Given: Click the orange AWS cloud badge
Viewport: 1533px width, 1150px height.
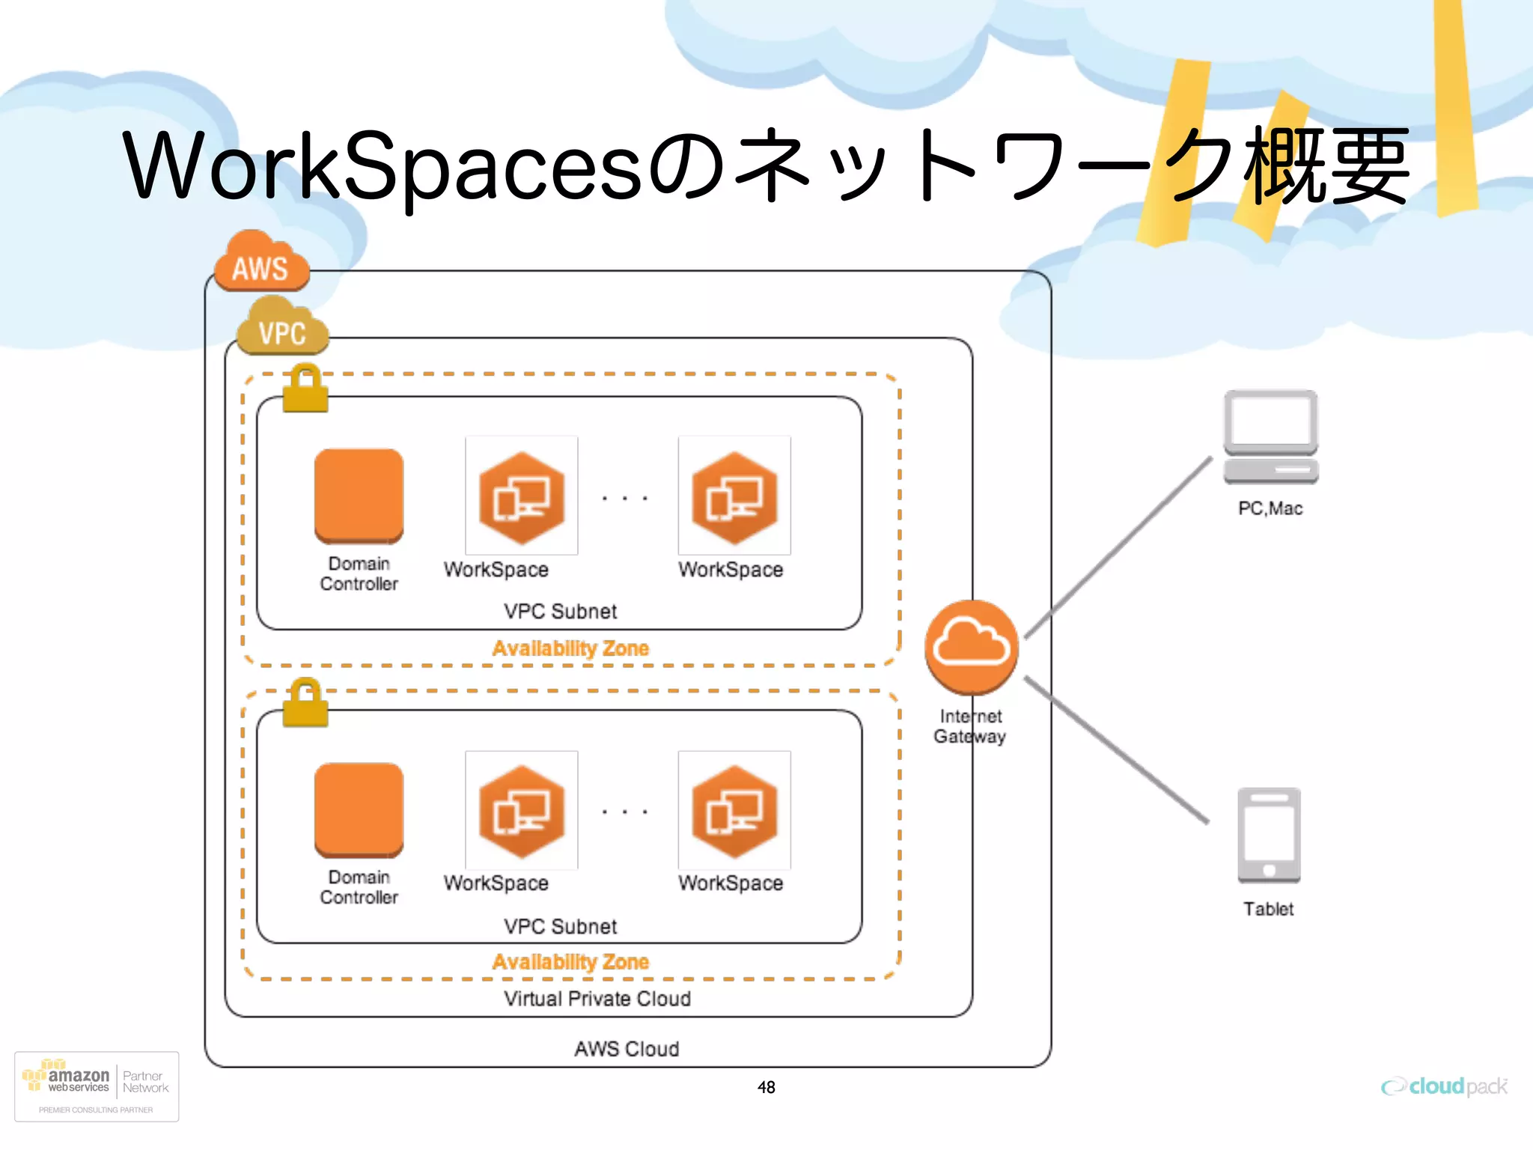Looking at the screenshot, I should point(260,264).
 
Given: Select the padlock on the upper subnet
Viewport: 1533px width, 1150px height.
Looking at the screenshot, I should point(305,389).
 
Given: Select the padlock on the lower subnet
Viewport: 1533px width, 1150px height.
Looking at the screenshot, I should point(305,704).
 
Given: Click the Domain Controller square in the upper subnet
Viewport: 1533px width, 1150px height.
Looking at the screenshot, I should point(359,496).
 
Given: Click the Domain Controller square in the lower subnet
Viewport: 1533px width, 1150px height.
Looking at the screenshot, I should point(359,809).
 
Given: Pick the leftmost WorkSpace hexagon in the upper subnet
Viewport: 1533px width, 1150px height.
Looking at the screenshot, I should point(522,497).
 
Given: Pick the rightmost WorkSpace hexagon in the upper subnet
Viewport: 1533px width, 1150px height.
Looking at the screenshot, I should point(734,497).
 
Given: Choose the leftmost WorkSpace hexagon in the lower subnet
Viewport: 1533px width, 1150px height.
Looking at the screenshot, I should point(522,812).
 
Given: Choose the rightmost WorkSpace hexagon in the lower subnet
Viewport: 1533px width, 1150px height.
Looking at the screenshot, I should point(734,812).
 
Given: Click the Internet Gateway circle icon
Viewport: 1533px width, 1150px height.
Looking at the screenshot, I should point(972,647).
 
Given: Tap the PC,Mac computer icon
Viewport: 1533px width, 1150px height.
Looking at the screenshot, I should point(1270,437).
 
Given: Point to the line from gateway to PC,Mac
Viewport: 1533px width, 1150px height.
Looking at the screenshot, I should point(1120,547).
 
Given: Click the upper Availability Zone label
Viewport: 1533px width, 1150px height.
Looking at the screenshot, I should point(570,648).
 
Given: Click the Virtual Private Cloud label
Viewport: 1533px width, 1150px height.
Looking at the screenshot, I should point(597,999).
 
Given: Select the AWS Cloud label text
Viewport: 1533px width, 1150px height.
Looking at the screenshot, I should point(627,1049).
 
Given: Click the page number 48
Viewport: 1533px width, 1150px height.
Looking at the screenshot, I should point(766,1087).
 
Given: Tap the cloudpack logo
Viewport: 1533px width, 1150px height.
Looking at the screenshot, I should point(1444,1086).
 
